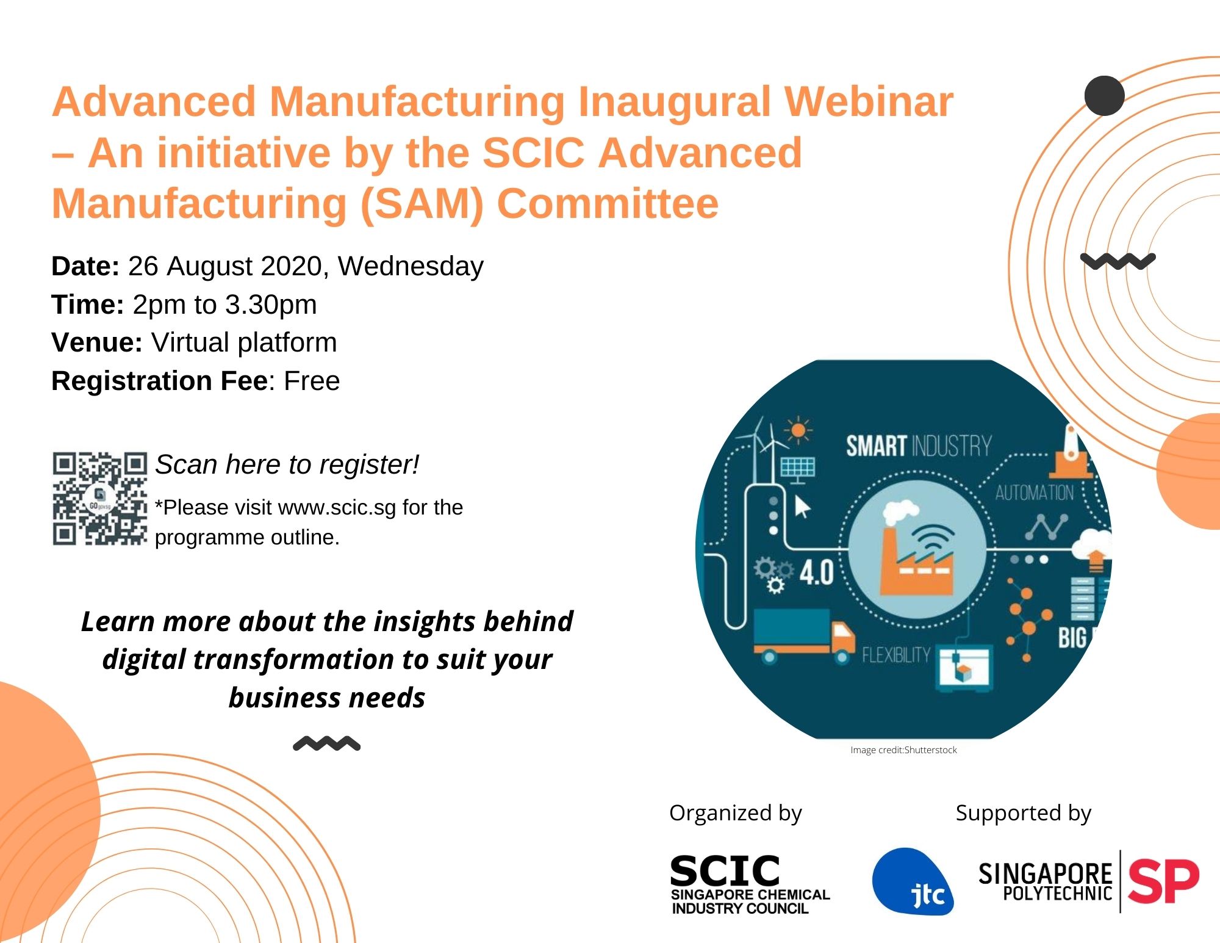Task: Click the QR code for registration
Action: tap(99, 499)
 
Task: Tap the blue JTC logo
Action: tap(913, 881)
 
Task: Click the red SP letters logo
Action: tap(1163, 881)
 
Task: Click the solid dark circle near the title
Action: tap(1104, 96)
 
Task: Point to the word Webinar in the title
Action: tap(869, 101)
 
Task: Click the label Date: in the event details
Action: tap(85, 267)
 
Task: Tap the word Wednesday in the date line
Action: tap(411, 267)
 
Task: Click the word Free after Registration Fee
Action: tap(312, 381)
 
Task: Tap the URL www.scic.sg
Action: tap(337, 508)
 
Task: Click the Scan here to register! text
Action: tap(287, 465)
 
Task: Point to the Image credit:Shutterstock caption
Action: tap(903, 750)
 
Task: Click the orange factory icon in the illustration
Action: tap(916, 559)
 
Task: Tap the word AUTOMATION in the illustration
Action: tap(1035, 493)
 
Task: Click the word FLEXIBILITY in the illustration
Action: tap(896, 656)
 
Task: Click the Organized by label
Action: tap(735, 814)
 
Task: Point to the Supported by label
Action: tap(1023, 814)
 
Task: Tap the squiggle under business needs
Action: tap(327, 743)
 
